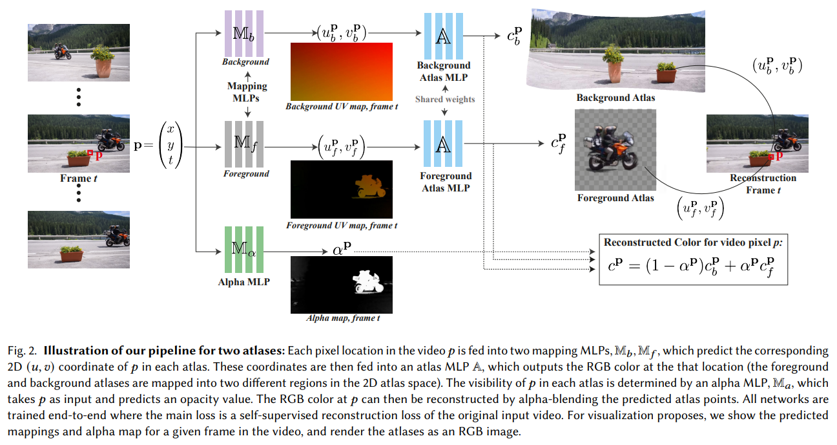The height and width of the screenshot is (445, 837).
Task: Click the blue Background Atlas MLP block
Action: tap(443, 37)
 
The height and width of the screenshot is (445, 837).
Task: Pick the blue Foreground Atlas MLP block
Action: tap(443, 145)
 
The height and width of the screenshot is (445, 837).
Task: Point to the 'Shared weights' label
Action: tap(445, 99)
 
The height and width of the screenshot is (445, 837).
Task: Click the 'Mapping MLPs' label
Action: tap(247, 91)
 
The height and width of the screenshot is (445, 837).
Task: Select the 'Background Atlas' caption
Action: tap(615, 98)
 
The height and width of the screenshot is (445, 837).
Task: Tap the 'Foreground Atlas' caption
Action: tap(615, 198)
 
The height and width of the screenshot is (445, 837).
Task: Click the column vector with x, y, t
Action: tap(170, 146)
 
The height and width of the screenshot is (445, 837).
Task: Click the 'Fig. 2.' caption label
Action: tap(20, 351)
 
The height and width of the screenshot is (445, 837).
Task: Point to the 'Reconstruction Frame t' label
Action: tap(763, 184)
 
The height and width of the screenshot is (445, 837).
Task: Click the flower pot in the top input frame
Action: tap(103, 64)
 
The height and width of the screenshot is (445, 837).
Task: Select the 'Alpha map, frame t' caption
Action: tap(342, 318)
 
